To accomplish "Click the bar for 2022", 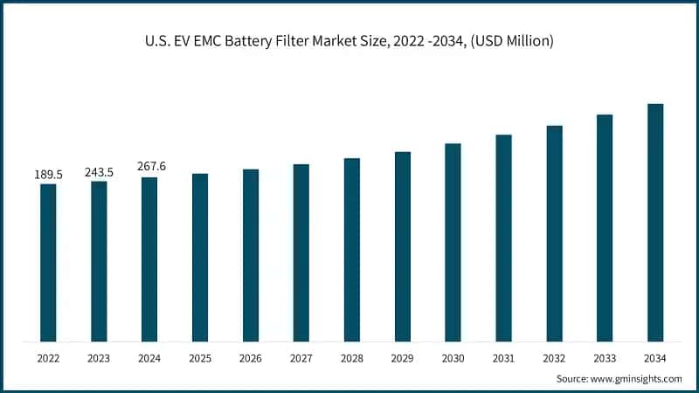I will pos(48,262).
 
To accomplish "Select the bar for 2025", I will pos(200,257).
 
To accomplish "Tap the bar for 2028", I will pos(352,249).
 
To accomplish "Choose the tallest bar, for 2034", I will pos(655,222).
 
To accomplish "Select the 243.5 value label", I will pos(99,172).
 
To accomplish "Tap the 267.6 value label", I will pos(149,168).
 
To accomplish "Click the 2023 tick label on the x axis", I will pos(99,358).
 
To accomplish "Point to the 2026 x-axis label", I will pos(251,358).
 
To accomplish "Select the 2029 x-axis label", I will pos(403,358).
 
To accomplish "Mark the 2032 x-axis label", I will pos(554,358).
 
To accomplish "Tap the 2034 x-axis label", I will pos(655,358).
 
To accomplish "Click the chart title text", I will pos(349,41).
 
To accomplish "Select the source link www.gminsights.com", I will pos(636,378).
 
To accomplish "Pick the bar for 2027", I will pos(301,252).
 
